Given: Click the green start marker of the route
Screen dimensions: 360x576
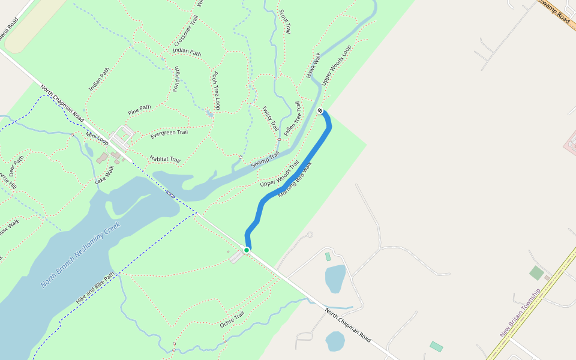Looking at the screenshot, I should (x=247, y=250).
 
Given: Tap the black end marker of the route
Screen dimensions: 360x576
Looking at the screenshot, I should (x=320, y=110).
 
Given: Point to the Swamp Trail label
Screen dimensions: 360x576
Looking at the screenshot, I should (x=265, y=159).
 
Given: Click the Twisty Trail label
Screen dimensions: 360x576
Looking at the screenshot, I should (x=270, y=118).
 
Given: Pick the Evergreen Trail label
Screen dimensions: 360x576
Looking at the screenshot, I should (x=169, y=133).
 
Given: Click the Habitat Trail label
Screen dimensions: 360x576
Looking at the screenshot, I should (x=164, y=159).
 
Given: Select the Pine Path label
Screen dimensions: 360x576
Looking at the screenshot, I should (x=139, y=110).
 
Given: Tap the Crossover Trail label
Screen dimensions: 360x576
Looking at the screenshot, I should (x=185, y=31).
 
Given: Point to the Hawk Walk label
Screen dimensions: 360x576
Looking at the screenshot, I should (x=314, y=65).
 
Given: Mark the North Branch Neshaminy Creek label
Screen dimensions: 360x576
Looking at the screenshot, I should (x=80, y=254).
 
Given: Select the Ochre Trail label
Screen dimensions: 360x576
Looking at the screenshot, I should (x=232, y=319).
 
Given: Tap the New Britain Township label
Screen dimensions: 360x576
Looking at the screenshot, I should (x=520, y=312).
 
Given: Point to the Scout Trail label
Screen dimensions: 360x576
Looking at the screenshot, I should (x=285, y=21).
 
